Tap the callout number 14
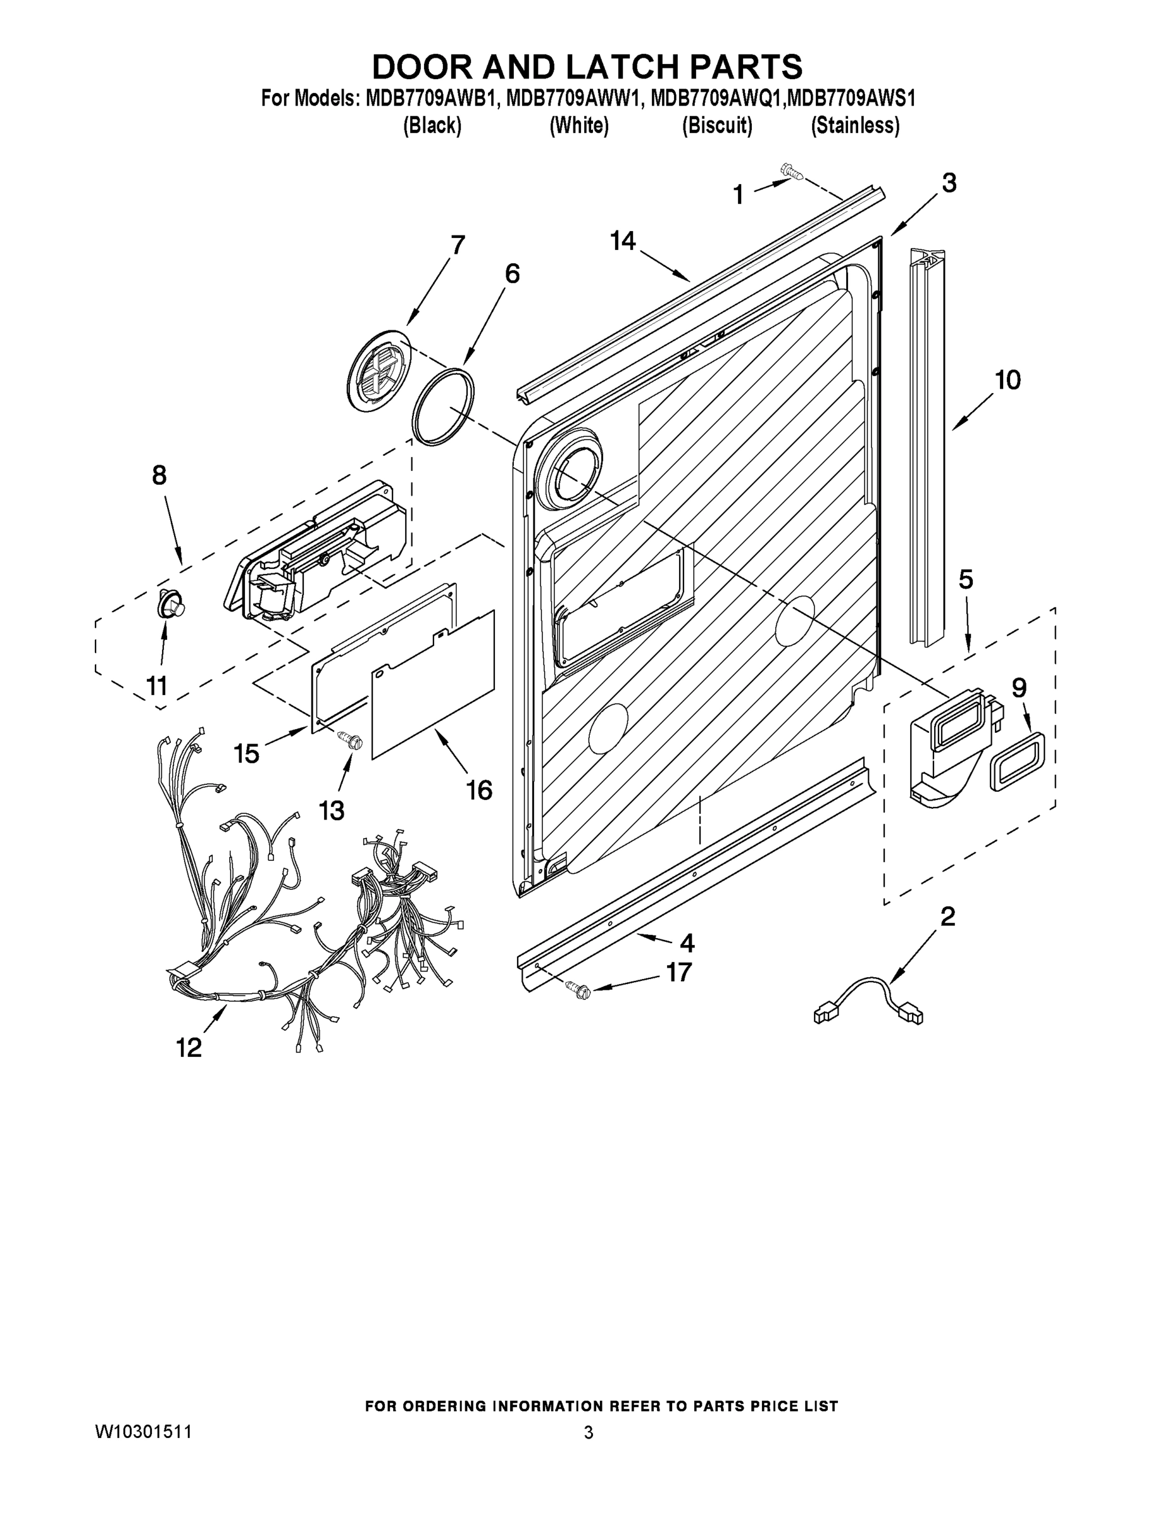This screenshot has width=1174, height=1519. pos(623,241)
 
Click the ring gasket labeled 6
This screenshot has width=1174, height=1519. pos(443,406)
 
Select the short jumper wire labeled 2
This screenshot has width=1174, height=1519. pos(870,999)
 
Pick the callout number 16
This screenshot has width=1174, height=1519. pos(479,789)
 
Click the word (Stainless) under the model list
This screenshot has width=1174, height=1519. pos(855,126)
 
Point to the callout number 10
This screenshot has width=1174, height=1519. pos(1007,380)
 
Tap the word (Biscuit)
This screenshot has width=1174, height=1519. pos(716,126)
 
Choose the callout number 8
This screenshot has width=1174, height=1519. pos(159,475)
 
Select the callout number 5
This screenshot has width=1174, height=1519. pos(965,578)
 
